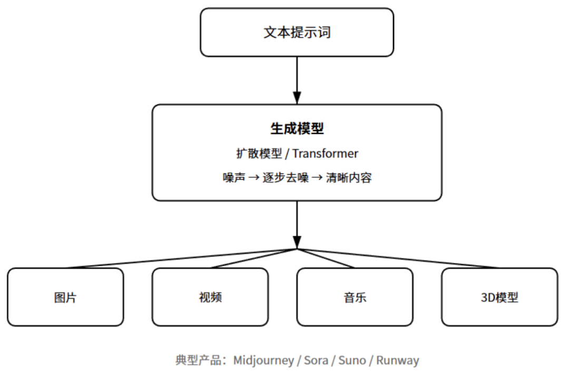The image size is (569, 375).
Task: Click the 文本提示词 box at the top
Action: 297,32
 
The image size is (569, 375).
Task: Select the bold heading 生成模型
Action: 297,128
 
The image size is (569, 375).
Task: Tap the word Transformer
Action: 325,154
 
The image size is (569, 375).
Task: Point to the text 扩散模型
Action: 258,154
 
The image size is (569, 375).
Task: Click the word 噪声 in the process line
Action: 233,178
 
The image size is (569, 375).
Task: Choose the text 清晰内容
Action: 349,178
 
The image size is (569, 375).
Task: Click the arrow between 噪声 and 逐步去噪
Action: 254,178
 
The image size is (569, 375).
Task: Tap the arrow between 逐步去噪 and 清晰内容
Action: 317,178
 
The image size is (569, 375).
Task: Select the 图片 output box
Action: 65,297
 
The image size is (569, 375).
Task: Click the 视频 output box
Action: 210,297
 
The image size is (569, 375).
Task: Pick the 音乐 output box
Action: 355,297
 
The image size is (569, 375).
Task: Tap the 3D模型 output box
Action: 499,297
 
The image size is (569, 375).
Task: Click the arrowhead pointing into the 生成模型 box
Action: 297,98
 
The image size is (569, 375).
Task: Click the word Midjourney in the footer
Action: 263,361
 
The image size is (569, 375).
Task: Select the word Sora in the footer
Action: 316,361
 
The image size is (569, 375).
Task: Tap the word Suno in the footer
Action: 351,361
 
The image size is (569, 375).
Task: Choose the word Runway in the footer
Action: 398,361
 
